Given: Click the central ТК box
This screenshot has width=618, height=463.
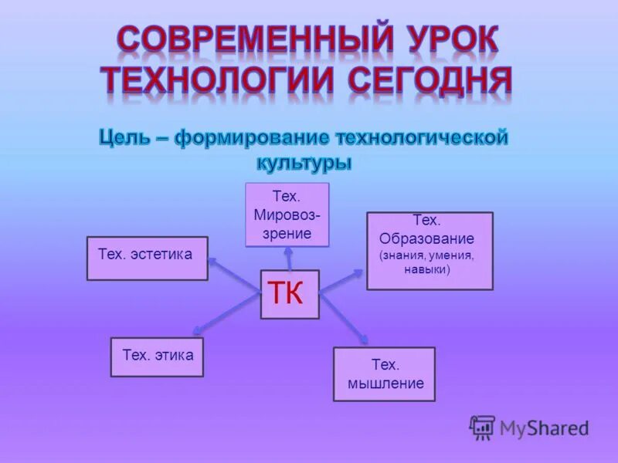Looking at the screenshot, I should [290, 294].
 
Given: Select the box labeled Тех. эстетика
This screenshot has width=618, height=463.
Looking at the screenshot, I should [147, 258].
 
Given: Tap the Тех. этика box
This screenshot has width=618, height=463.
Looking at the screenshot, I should [157, 357].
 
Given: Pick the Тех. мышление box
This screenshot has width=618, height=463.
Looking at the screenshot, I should [384, 374].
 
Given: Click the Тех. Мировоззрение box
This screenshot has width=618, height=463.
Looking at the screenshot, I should [287, 215].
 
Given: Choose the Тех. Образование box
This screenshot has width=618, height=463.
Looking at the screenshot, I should [430, 251].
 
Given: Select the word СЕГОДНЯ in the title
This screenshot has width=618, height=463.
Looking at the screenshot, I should [430, 82].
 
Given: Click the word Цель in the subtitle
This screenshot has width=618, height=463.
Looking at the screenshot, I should [127, 139].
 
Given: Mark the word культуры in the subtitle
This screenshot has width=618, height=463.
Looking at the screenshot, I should [303, 163].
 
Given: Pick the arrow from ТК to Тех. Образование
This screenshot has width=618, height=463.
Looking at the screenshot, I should [341, 281].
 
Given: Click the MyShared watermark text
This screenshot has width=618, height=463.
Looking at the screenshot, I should [544, 428].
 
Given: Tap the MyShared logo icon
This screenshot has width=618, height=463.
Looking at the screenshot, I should [482, 428].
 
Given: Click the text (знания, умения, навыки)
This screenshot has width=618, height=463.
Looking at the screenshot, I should [426, 262].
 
